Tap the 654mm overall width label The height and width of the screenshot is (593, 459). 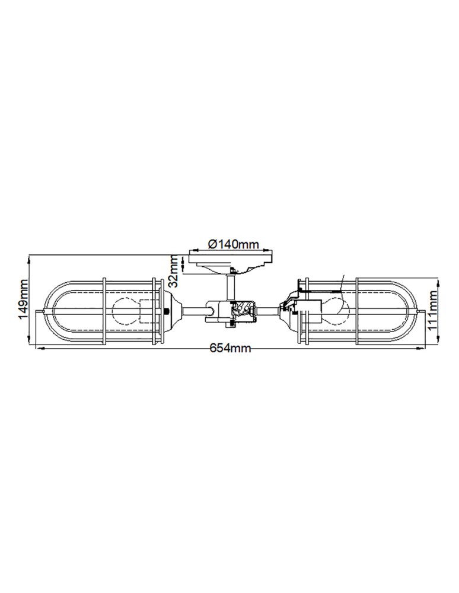231,348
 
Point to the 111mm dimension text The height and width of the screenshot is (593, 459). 434,311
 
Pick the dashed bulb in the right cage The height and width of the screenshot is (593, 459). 333,310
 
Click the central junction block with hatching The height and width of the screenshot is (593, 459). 243,311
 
